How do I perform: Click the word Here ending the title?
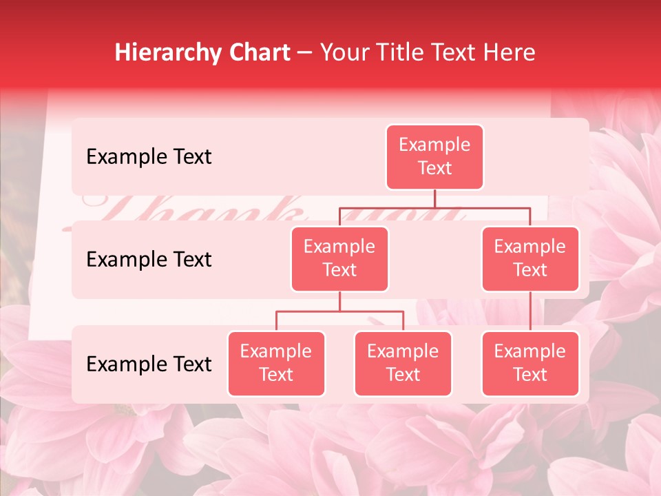(x=510, y=52)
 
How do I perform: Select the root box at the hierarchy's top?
(x=434, y=156)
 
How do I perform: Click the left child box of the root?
(x=339, y=258)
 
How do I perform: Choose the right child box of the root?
(x=530, y=258)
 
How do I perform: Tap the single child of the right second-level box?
(x=530, y=363)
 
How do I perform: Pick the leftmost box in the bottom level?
(x=276, y=363)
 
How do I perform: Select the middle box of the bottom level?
(x=403, y=363)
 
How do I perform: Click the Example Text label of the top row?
(x=149, y=156)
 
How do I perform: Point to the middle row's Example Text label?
(x=149, y=259)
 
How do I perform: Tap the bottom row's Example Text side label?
(x=149, y=364)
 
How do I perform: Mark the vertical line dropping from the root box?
(x=434, y=198)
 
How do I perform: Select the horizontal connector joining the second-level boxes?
(x=434, y=207)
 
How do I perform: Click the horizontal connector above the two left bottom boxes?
(x=339, y=311)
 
